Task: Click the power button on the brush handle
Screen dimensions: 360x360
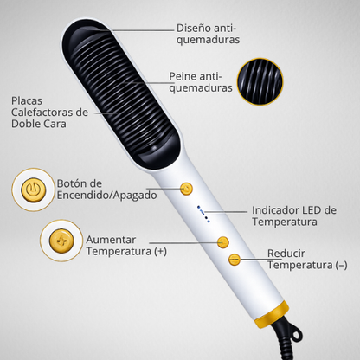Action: coord(186,189)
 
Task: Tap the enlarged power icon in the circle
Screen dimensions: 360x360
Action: coord(34,190)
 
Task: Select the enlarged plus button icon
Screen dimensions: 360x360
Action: coord(61,241)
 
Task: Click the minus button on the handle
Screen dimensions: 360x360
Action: coord(235,260)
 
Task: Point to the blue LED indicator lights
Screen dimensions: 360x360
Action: coord(203,214)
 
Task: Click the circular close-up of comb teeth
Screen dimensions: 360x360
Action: coord(260,81)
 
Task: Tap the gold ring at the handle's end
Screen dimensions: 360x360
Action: coord(272,314)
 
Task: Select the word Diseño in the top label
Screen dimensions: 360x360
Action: coord(194,29)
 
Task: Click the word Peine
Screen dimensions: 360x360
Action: coord(183,76)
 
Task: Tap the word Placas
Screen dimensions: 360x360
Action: coord(27,101)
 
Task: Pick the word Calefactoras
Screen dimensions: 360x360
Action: coord(42,112)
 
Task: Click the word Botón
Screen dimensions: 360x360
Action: coord(71,183)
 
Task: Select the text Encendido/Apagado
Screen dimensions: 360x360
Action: coord(106,196)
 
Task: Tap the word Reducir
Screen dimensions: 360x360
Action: coord(286,254)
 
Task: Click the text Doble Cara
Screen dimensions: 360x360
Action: coord(39,124)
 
